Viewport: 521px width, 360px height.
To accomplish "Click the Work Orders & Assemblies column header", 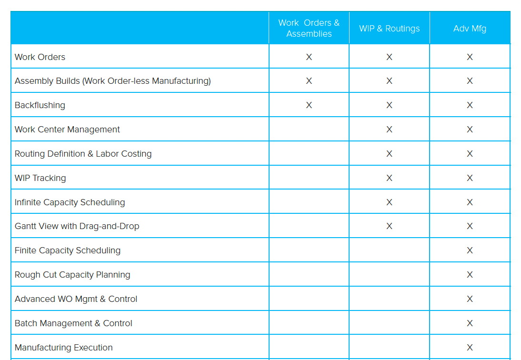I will pos(309,28).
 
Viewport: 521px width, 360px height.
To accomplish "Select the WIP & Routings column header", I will pos(389,29).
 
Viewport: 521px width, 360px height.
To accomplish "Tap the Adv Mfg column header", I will pos(470,29).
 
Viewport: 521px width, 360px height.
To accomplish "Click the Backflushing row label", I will pos(40,105).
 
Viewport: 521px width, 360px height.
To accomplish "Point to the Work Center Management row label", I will pos(67,130).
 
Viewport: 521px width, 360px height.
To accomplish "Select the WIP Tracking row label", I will pos(40,178).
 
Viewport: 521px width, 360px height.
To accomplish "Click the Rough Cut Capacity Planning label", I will pos(72,275).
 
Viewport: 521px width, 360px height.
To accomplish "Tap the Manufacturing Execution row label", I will pos(64,348).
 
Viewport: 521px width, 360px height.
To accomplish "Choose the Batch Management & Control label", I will pos(73,323).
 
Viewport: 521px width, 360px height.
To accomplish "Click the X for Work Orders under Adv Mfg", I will pos(470,57).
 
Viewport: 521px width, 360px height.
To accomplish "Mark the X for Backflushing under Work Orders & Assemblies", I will pos(309,105).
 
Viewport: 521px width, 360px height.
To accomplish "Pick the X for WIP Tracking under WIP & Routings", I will pos(389,178).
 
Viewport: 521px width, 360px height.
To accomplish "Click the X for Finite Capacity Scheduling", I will pos(470,250).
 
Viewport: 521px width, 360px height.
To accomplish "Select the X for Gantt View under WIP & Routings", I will pos(389,226).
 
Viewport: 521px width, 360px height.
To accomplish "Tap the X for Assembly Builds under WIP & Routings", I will pos(389,81).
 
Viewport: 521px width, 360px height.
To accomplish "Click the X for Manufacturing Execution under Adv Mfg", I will pos(470,348).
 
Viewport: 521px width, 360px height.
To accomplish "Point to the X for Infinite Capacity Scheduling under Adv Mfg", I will pos(470,202).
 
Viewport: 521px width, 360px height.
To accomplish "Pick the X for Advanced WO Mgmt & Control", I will pos(470,299).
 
